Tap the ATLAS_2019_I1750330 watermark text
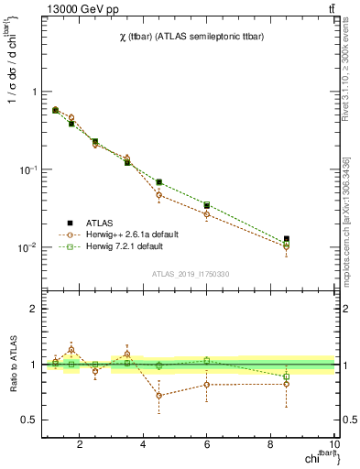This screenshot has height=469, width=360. click(191, 274)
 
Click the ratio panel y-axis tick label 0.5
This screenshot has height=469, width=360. click(29, 420)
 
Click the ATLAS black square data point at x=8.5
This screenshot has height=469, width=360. click(287, 239)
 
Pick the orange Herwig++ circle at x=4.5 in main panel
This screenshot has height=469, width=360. click(159, 195)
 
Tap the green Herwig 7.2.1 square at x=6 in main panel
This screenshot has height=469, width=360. click(207, 205)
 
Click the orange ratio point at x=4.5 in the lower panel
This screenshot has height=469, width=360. click(159, 396)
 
